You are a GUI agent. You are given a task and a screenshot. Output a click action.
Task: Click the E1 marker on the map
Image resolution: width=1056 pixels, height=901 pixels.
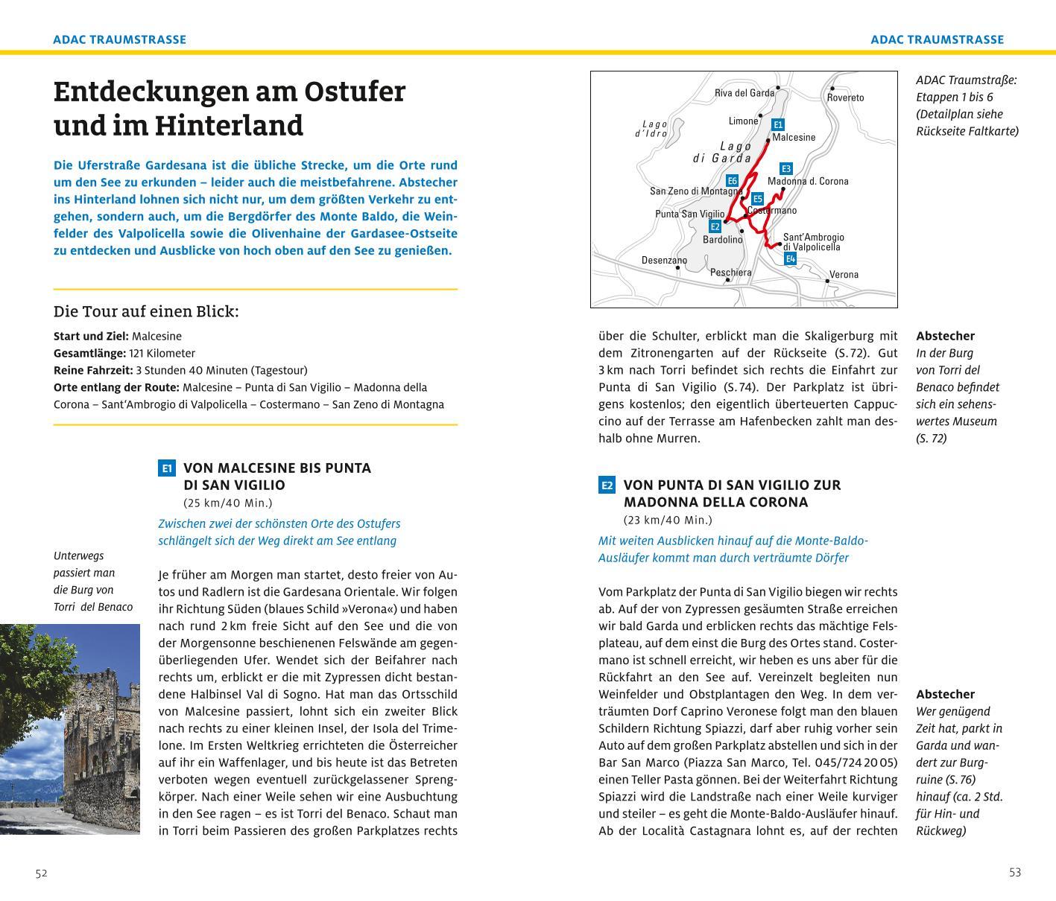click(778, 125)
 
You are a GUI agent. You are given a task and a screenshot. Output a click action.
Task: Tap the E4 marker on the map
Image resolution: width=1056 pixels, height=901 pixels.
click(791, 259)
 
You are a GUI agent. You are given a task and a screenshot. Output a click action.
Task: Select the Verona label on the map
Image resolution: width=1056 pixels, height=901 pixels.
click(844, 275)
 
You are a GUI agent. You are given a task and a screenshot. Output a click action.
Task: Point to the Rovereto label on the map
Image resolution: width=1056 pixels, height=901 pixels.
click(846, 98)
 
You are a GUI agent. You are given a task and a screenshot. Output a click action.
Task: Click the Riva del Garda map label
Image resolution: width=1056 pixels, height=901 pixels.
click(744, 93)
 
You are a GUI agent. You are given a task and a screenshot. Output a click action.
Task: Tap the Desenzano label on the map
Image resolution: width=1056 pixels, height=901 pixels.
click(664, 261)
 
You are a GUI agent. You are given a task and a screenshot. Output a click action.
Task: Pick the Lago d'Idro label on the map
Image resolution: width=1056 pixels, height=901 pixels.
click(651, 129)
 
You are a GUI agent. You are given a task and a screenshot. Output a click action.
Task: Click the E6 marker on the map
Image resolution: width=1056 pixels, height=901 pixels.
click(732, 181)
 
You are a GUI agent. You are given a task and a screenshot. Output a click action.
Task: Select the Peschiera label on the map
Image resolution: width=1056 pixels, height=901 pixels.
click(730, 273)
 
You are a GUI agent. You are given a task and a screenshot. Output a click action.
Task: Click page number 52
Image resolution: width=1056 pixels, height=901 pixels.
click(41, 873)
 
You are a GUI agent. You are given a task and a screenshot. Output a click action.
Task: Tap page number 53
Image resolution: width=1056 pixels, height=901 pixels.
click(1015, 873)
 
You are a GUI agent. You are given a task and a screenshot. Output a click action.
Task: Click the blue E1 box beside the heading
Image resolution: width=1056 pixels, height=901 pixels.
click(167, 468)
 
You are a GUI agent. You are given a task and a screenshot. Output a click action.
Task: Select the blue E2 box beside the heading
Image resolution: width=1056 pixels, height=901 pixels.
click(607, 485)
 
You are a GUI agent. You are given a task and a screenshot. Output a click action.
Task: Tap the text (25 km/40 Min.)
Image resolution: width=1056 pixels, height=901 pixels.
click(228, 503)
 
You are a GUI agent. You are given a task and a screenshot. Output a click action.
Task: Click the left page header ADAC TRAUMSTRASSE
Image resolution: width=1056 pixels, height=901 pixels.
click(119, 39)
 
